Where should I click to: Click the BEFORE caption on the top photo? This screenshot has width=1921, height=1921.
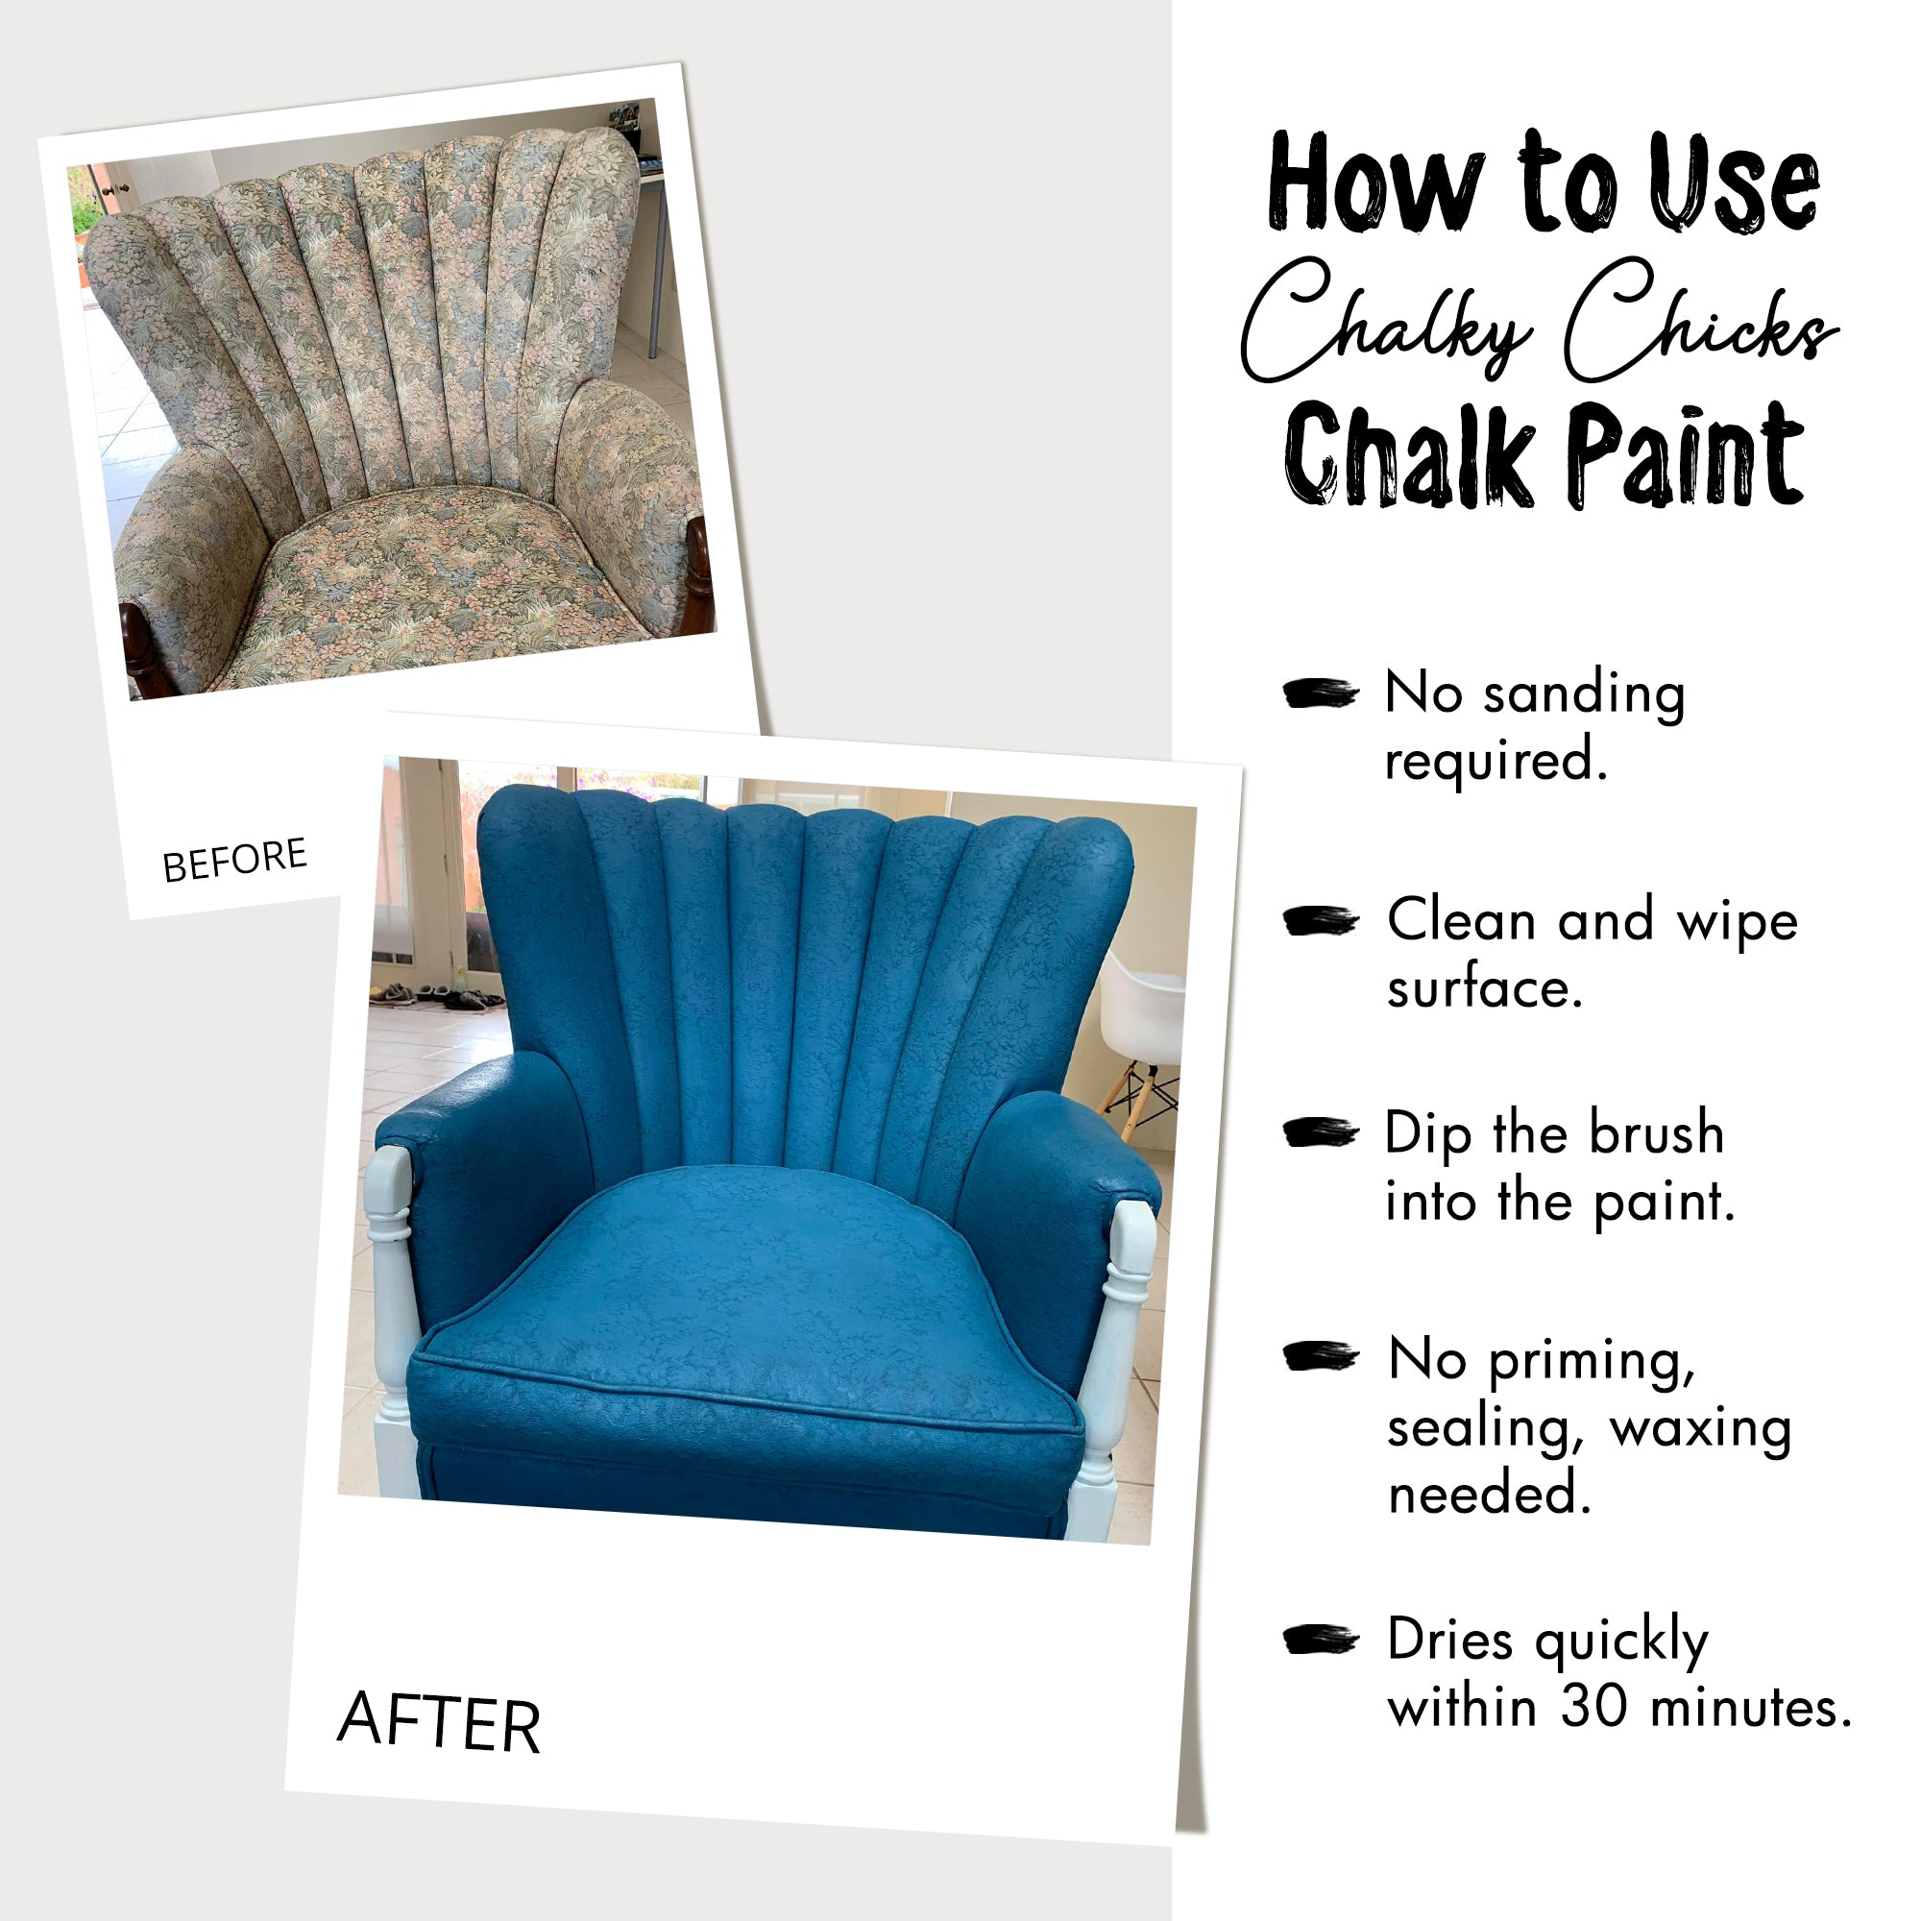pyautogui.click(x=234, y=859)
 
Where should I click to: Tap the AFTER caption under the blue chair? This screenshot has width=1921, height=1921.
pyautogui.click(x=439, y=1721)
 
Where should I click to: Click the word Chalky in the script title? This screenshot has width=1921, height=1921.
pyautogui.click(x=1387, y=320)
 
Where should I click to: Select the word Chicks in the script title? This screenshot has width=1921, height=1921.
pyautogui.click(x=1699, y=320)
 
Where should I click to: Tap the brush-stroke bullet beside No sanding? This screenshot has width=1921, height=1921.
pyautogui.click(x=1320, y=693)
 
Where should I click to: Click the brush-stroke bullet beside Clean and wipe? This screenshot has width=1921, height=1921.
pyautogui.click(x=1320, y=921)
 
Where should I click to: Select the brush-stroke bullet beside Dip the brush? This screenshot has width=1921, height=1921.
pyautogui.click(x=1320, y=1132)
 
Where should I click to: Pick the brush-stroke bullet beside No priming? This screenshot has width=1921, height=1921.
pyautogui.click(x=1320, y=1356)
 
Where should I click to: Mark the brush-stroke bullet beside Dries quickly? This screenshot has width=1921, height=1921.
pyautogui.click(x=1320, y=1640)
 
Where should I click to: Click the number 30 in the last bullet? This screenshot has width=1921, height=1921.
pyautogui.click(x=1593, y=1708)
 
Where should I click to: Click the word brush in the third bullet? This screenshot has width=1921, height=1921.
pyautogui.click(x=1656, y=1133)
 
